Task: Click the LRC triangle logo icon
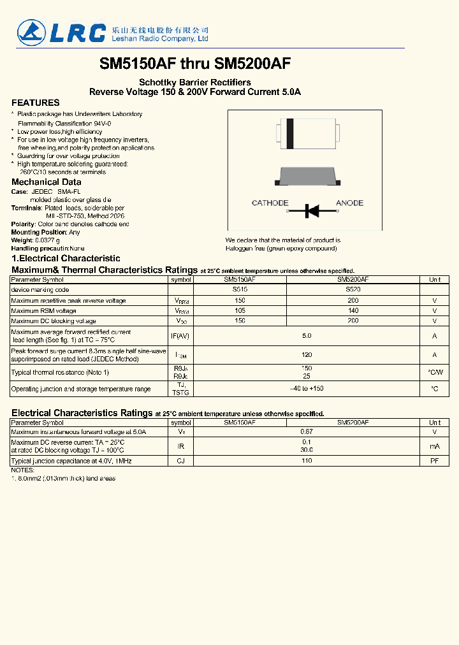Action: pyautogui.click(x=29, y=32)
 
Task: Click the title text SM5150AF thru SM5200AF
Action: pyautogui.click(x=195, y=64)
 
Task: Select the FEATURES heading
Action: pyautogui.click(x=36, y=103)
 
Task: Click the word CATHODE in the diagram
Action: pyautogui.click(x=270, y=203)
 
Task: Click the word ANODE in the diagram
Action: pyautogui.click(x=349, y=203)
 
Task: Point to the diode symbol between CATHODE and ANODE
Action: pyautogui.click(x=312, y=210)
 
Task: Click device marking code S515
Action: pyautogui.click(x=240, y=290)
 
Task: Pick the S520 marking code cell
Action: pyautogui.click(x=353, y=290)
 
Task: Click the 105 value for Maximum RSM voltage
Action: pyautogui.click(x=240, y=311)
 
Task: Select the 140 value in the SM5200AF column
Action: pyautogui.click(x=353, y=311)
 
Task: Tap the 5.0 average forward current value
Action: pyautogui.click(x=307, y=336)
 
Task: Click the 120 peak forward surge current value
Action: pyautogui.click(x=307, y=354)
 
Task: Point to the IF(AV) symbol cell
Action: pyautogui.click(x=181, y=336)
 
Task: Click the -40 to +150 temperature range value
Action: pyautogui.click(x=307, y=389)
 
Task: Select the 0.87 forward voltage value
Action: pyautogui.click(x=307, y=432)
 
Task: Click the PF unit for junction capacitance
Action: pyautogui.click(x=434, y=461)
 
